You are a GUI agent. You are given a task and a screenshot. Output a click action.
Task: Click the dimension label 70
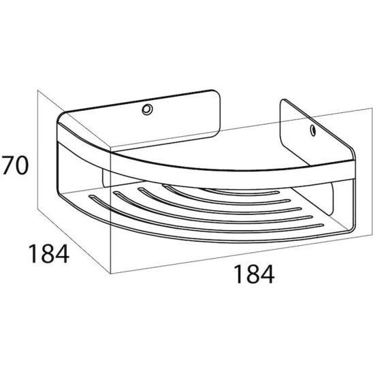click(15, 165)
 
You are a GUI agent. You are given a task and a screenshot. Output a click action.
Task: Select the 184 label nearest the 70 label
click(49, 254)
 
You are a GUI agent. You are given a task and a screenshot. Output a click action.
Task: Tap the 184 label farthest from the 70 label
click(254, 274)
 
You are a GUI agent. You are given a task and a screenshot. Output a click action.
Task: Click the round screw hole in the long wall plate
click(147, 110)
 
